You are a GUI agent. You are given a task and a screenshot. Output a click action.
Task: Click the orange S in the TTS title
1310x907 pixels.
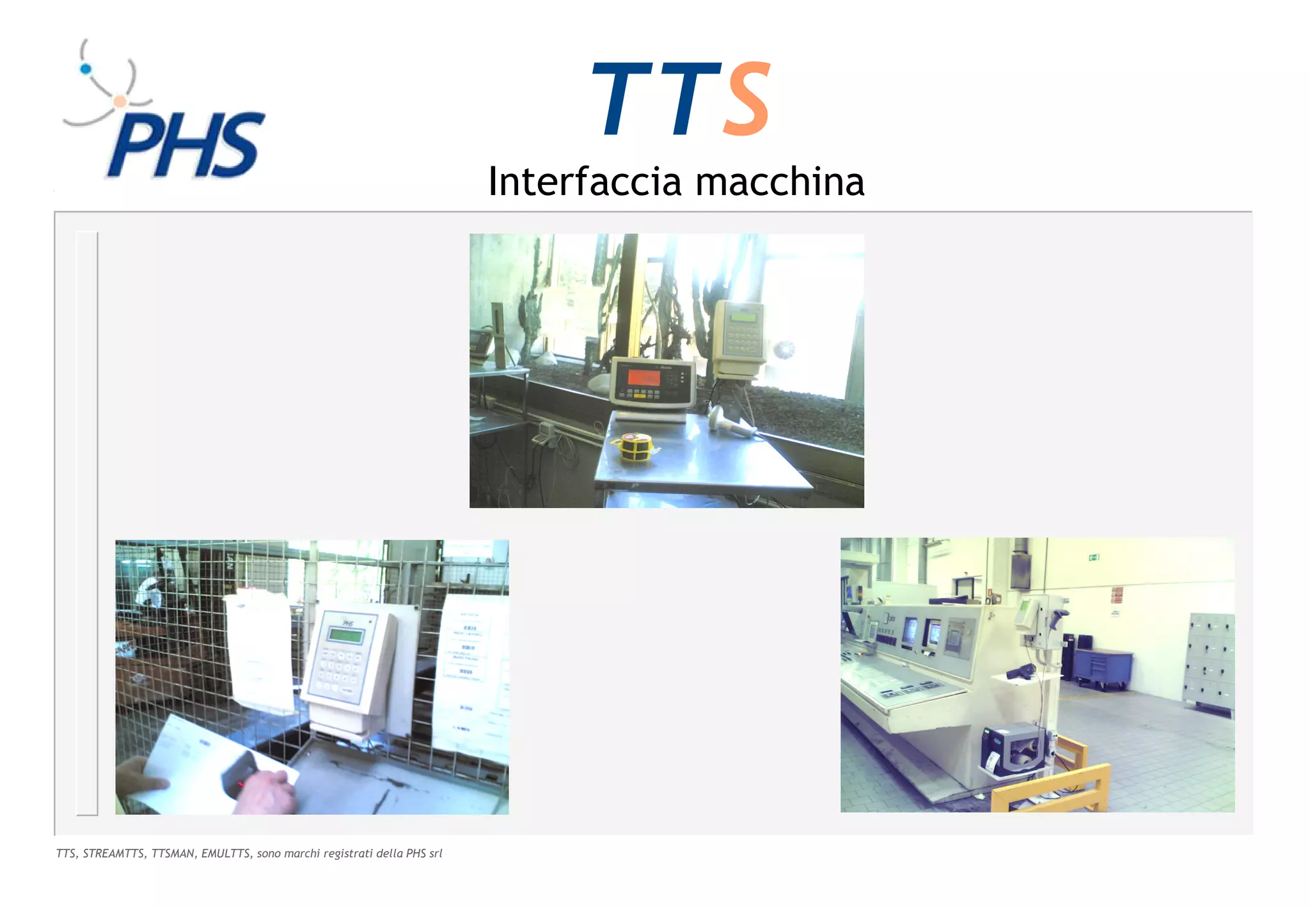pos(747,99)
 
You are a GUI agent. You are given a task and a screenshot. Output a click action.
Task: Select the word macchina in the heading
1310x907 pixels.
pos(780,182)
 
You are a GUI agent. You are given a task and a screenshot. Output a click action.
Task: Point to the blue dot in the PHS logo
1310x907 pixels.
pos(86,69)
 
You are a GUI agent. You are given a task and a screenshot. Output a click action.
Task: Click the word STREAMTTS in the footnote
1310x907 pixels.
pos(113,853)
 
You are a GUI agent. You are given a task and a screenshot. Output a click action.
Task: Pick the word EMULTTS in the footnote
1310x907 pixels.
pos(226,853)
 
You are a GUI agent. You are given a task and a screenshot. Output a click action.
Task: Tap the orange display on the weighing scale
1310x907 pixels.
pos(643,377)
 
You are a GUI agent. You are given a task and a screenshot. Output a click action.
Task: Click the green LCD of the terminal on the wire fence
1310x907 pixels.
pos(345,635)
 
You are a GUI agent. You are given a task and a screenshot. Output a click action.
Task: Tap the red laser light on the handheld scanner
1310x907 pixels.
pos(241,783)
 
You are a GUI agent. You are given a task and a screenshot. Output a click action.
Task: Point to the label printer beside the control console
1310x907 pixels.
pos(1014,748)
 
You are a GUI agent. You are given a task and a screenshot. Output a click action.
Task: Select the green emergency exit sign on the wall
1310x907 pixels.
pos(1093,558)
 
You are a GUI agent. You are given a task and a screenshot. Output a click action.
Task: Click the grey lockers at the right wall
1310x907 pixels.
pos(1210,662)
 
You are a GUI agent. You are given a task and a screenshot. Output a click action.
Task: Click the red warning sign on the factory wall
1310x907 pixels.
pos(1117,595)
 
